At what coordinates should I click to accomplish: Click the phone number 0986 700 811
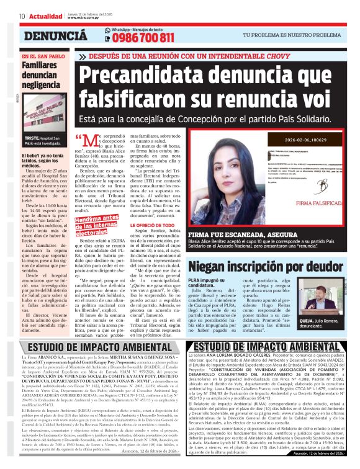[x=142, y=38]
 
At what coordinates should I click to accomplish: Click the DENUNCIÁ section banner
[x=55, y=36]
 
